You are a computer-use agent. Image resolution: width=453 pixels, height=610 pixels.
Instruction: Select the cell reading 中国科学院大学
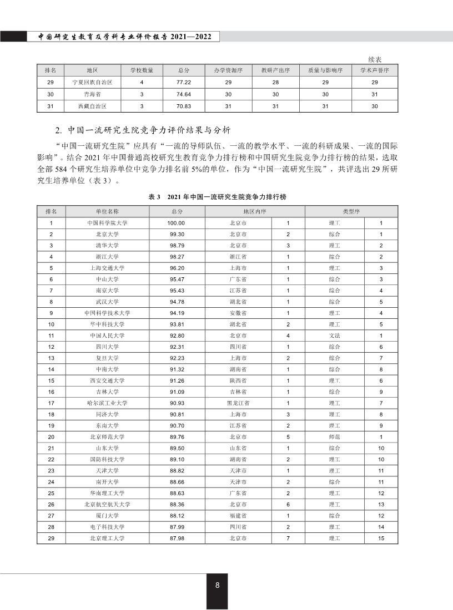coord(107,223)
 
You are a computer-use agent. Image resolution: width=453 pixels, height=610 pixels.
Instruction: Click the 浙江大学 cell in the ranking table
coord(107,257)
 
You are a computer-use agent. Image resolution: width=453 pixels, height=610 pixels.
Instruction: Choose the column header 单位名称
coord(107,212)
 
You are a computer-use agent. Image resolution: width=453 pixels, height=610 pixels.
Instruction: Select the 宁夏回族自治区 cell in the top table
coord(93,82)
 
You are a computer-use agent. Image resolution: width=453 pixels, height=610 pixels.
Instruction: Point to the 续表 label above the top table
coord(376,59)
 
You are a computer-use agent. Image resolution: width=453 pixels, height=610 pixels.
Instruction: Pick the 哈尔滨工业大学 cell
coord(107,403)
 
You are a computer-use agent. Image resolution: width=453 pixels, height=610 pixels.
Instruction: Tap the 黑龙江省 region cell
coord(238,403)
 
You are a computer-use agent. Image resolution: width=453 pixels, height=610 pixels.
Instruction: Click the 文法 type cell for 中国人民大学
coord(334,335)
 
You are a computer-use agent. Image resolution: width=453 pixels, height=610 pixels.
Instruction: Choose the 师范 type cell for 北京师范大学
coord(334,436)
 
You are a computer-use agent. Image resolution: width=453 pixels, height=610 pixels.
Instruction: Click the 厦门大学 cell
coord(107,515)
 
